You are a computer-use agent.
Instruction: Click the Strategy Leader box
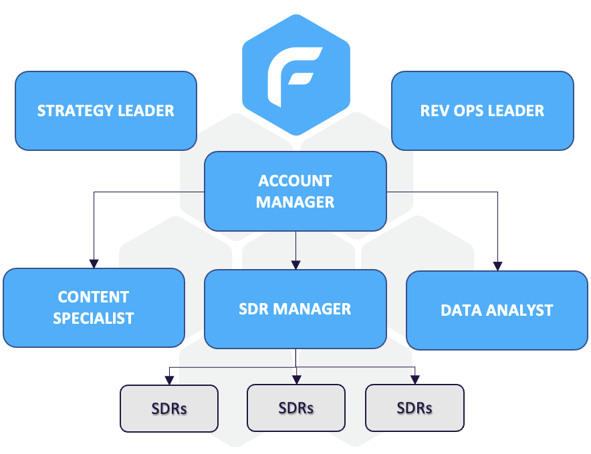pyautogui.click(x=106, y=110)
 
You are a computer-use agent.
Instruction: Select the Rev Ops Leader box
pyautogui.click(x=482, y=110)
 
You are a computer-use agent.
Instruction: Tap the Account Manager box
pyautogui.click(x=295, y=191)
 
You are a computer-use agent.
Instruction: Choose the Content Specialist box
pyautogui.click(x=94, y=308)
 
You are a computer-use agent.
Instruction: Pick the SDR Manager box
pyautogui.click(x=295, y=309)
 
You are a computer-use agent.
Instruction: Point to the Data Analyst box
pyautogui.click(x=497, y=310)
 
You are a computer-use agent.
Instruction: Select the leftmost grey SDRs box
pyautogui.click(x=169, y=408)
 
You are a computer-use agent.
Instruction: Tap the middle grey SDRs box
pyautogui.click(x=296, y=407)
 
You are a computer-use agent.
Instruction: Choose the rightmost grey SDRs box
pyautogui.click(x=415, y=407)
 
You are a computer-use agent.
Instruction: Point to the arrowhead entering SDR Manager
pyautogui.click(x=295, y=263)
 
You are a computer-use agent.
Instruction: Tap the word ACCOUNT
pyautogui.click(x=295, y=181)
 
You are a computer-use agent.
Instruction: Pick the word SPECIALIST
pyautogui.click(x=94, y=318)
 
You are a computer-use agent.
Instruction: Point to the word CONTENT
pyautogui.click(x=94, y=297)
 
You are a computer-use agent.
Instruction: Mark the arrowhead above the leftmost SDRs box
pyautogui.click(x=169, y=379)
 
